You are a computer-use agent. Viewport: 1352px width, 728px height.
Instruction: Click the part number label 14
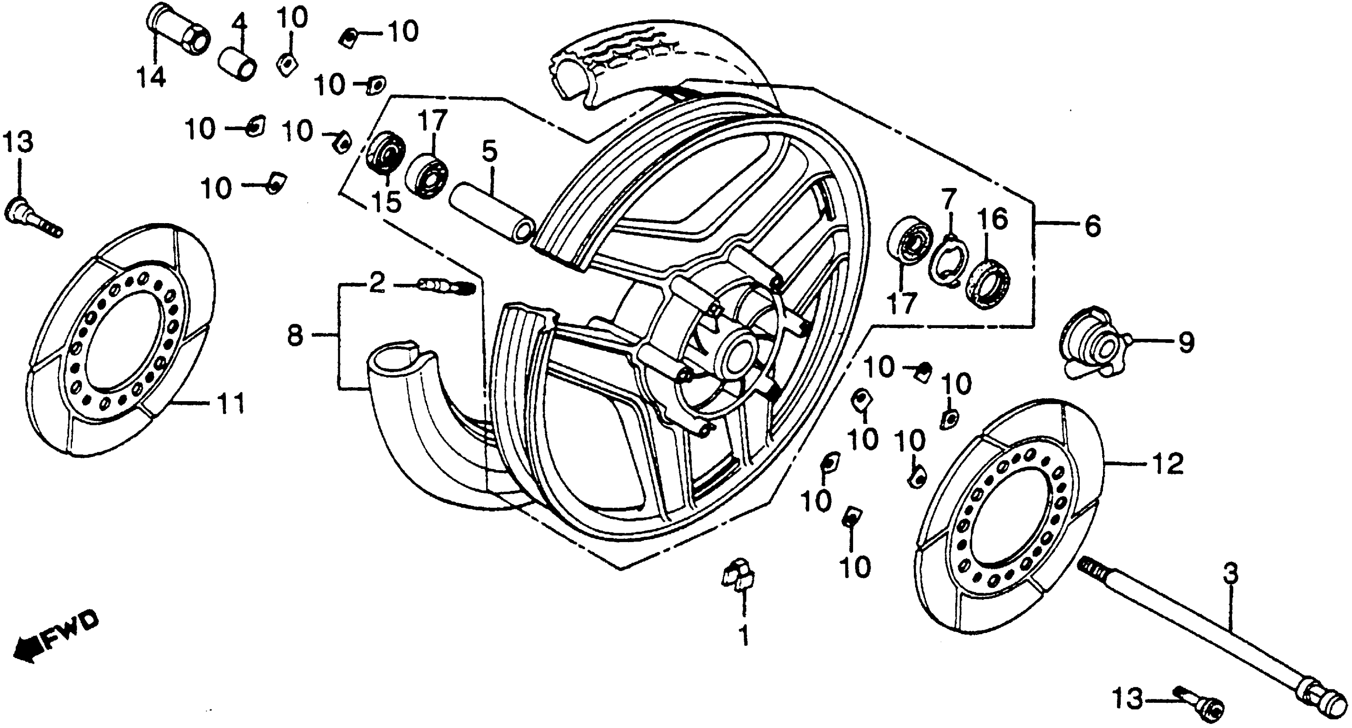click(x=151, y=78)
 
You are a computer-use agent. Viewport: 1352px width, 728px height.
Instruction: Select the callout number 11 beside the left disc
click(x=231, y=404)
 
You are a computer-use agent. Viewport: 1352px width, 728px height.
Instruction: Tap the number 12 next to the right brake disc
click(x=1168, y=464)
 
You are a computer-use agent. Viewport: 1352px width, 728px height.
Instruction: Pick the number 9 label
click(x=1186, y=343)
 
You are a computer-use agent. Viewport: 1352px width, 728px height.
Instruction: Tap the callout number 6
click(x=1092, y=227)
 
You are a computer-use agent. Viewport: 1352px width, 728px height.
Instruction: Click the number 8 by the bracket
click(x=295, y=334)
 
